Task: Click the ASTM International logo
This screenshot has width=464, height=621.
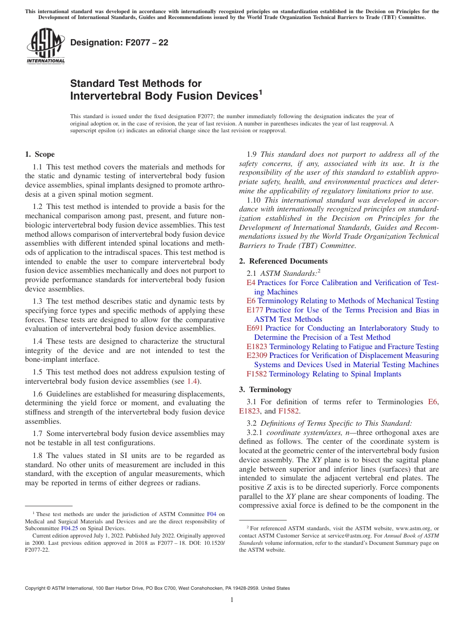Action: point(45,47)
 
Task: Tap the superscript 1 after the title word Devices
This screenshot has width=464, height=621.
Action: point(260,92)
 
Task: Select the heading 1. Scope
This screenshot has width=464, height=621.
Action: point(40,154)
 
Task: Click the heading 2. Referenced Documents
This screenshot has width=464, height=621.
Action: point(283,261)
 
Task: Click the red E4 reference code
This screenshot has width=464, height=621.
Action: point(251,283)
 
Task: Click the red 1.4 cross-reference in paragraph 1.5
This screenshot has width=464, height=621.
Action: point(192,381)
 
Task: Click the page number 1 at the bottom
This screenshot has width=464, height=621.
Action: point(232,600)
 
